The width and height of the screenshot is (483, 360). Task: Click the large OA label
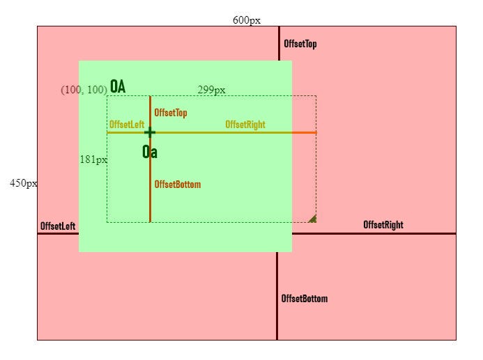pos(118,86)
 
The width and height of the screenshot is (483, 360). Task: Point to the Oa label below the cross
pos(149,152)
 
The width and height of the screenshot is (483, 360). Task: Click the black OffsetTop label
pos(300,44)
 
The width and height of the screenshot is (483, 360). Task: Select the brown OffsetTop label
pos(171,112)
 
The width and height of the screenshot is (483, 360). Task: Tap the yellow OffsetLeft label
pos(126,125)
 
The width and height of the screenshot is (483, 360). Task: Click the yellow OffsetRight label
pos(245,125)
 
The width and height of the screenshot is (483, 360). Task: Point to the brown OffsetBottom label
pos(178,185)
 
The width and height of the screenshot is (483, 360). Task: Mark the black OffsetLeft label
pos(58,226)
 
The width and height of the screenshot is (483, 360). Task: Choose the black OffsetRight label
pos(383,225)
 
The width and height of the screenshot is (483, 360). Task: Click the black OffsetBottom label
pos(304,299)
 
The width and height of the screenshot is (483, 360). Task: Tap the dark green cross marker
pos(149,132)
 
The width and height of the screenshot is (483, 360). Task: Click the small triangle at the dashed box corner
pos(313,219)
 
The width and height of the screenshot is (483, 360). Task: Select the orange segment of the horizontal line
pos(304,132)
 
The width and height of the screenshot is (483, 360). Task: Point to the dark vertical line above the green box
pos(279,43)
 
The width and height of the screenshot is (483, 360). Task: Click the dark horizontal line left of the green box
pos(58,233)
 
